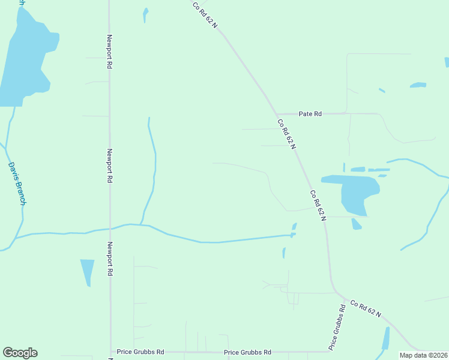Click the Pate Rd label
(x=310, y=113)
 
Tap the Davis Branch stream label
(x=16, y=184)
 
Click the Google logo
(x=20, y=353)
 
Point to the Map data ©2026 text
(x=423, y=355)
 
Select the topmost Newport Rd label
(x=110, y=51)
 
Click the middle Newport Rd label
(x=110, y=166)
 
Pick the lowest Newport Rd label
(x=110, y=259)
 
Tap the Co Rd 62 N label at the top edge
(x=205, y=14)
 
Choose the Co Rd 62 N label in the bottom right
(x=366, y=309)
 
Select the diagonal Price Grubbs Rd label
(x=337, y=327)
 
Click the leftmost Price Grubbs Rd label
(x=140, y=352)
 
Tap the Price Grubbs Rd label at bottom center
(x=247, y=352)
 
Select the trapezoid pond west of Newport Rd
(x=88, y=271)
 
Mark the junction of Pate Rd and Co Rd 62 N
(x=277, y=113)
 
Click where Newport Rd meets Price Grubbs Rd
(x=110, y=352)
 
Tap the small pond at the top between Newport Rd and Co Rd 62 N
(x=145, y=14)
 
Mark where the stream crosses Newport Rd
(x=110, y=228)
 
